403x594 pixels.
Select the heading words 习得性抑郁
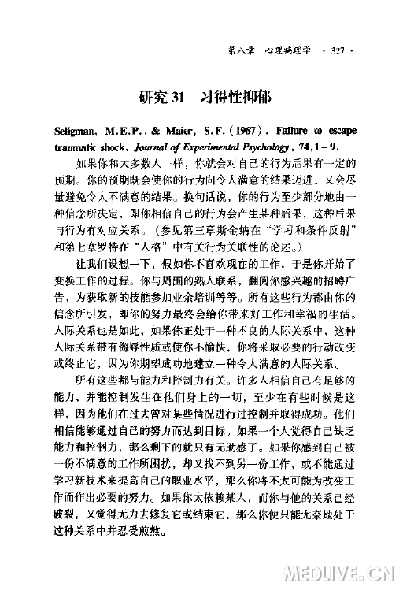[235, 98]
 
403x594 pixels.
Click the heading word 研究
[152, 98]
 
